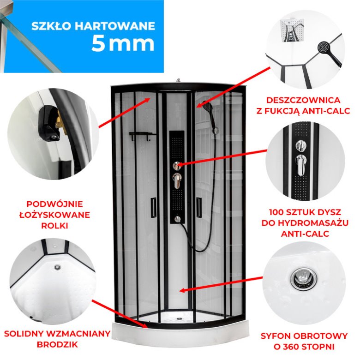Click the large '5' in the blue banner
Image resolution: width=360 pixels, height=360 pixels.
point(98,43)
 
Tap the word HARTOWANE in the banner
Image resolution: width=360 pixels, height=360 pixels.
point(115,26)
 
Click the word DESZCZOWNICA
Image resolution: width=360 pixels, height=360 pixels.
point(303,100)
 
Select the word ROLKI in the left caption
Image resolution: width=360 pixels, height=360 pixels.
point(54,226)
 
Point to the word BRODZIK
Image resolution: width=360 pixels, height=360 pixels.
point(57,344)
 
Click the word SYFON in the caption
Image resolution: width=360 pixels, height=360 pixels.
point(277,336)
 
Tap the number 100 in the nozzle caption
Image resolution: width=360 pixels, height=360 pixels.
point(278,212)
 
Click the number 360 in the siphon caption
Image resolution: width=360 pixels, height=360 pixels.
point(292,347)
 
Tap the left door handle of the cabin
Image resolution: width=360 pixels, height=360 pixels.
point(153,207)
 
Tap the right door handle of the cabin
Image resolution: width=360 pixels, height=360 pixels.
point(199,207)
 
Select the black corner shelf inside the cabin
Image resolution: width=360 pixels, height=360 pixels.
point(142,136)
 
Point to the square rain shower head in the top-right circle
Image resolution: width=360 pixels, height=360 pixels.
point(292,30)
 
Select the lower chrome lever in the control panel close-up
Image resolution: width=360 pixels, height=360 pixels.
point(301,164)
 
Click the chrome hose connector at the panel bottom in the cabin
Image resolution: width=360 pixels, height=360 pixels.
point(177,219)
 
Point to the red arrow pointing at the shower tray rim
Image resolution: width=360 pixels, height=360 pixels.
point(120,314)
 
